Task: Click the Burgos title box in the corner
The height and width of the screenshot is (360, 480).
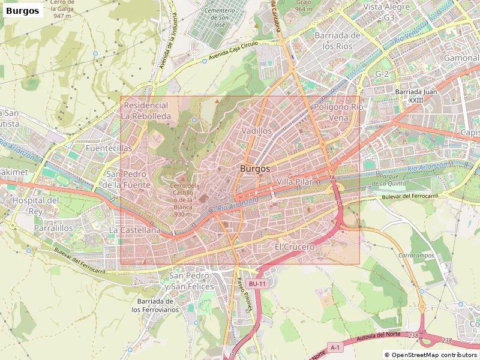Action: (x=23, y=10)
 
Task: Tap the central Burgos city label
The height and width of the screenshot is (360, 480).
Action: (x=255, y=169)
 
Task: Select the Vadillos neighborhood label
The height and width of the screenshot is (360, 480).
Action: (x=256, y=130)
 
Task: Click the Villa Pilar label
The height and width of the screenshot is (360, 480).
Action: (x=295, y=181)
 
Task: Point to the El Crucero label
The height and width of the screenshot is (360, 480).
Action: (x=295, y=247)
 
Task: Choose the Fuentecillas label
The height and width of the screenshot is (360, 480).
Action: (x=109, y=148)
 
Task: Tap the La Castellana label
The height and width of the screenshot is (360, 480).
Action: (x=134, y=230)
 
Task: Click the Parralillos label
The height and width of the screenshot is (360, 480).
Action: (x=53, y=229)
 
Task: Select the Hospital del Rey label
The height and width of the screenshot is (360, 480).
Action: (x=36, y=205)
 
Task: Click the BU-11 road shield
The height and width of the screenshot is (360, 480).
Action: (x=257, y=283)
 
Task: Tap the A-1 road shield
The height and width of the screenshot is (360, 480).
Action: (x=335, y=347)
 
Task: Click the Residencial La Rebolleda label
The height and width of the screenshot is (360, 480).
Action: (x=146, y=110)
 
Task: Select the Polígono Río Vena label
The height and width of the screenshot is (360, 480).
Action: (x=339, y=112)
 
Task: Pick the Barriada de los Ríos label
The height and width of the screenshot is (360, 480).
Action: (x=337, y=40)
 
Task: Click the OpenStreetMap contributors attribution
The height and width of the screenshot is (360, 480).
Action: (x=431, y=355)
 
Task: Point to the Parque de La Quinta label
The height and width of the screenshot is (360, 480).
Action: (x=394, y=181)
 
